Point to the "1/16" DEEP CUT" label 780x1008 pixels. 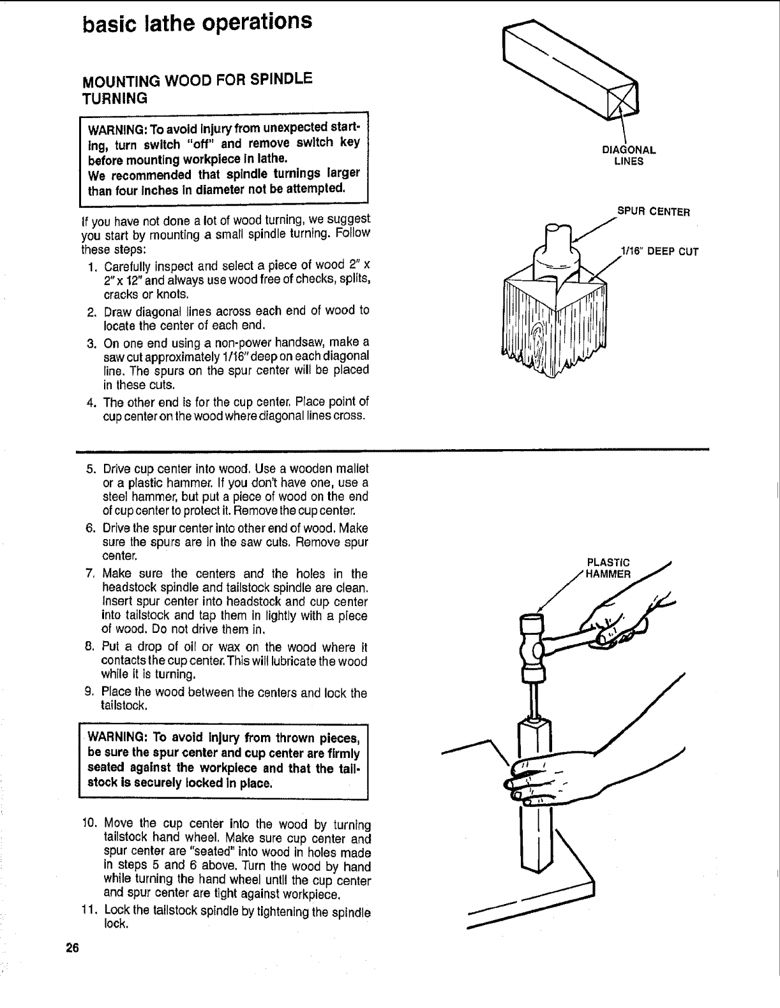[660, 251]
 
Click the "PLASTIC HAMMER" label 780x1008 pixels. [608, 567]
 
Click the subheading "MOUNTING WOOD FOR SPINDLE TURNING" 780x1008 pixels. [197, 88]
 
